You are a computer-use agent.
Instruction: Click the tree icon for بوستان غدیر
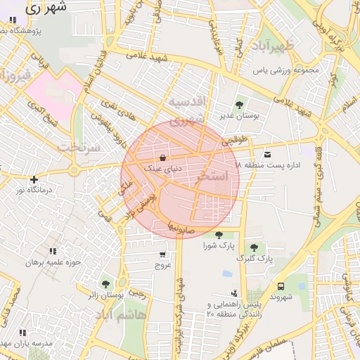(238, 104)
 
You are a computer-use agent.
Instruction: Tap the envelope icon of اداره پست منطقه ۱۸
(267, 154)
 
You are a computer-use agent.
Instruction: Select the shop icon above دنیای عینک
(163, 158)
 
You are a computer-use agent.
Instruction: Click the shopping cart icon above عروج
(163, 255)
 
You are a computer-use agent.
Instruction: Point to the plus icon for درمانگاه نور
(34, 179)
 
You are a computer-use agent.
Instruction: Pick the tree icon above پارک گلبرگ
(254, 247)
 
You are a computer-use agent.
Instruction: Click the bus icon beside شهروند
(281, 286)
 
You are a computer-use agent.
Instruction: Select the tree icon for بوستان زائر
(105, 284)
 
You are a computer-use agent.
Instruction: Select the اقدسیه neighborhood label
(186, 103)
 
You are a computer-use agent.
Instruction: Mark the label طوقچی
(234, 141)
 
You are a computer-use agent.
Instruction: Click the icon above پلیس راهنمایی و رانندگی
(233, 292)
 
